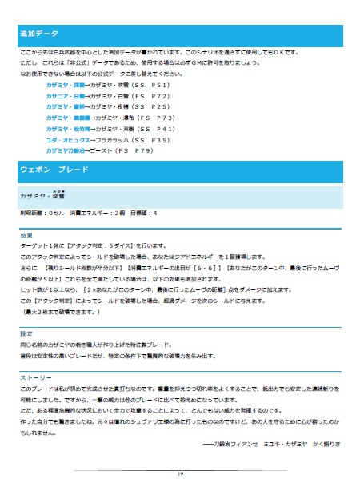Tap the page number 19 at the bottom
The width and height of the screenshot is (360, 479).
[180, 473]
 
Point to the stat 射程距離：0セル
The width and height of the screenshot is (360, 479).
[37, 214]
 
